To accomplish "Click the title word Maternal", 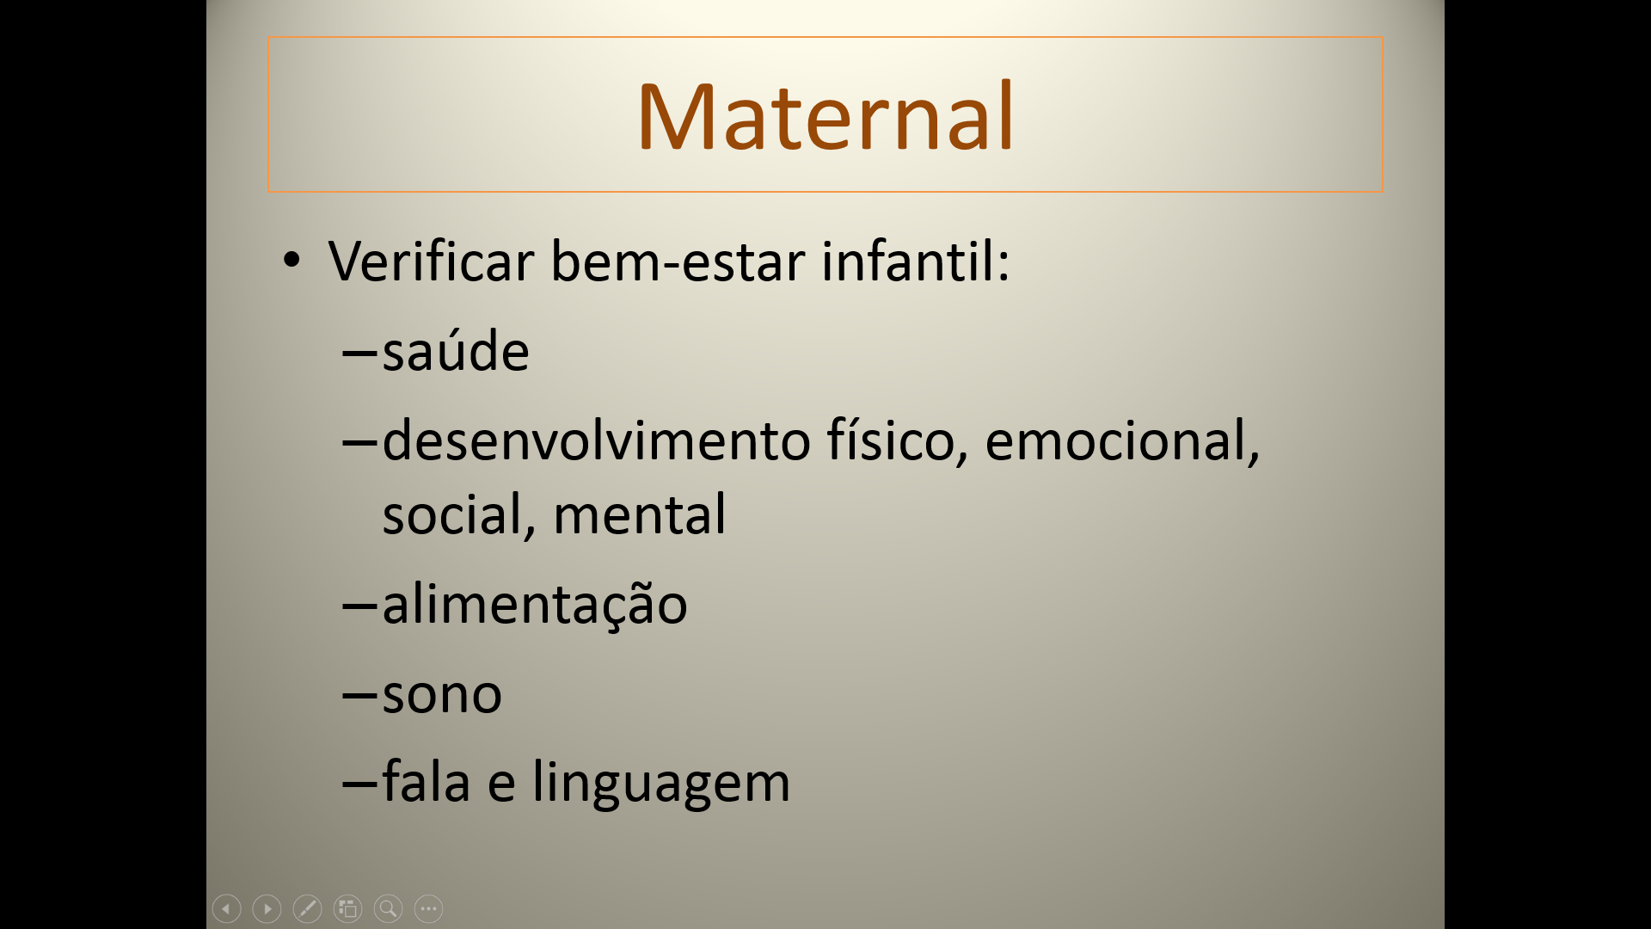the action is [x=825, y=116].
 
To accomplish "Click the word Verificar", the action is [x=431, y=261].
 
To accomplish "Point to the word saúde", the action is [x=456, y=351].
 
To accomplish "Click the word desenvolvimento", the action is [x=597, y=440].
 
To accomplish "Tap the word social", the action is [x=459, y=514].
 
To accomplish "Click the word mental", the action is [x=640, y=514].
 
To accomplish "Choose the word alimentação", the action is [x=535, y=605].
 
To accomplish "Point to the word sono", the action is [x=442, y=694].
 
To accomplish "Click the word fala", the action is [x=427, y=782].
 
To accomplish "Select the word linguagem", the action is [x=661, y=783].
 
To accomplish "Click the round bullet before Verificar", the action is [x=292, y=260].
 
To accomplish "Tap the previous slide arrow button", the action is [x=226, y=908].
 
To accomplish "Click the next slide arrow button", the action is [x=267, y=908].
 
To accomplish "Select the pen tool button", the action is [x=307, y=908].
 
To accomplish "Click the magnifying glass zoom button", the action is [x=388, y=908].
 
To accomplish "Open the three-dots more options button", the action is [x=428, y=908].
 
